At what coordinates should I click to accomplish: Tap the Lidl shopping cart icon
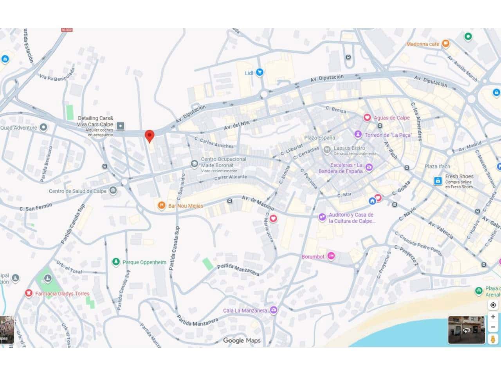[x=259, y=72]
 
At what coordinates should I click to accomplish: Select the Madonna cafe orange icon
[x=445, y=44]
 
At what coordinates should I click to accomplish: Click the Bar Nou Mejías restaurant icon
[x=161, y=205]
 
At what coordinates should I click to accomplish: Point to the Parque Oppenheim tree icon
[x=116, y=262]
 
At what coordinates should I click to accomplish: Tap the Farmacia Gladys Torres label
[x=62, y=293]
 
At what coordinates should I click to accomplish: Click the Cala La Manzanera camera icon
[x=274, y=310]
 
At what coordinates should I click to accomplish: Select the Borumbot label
[x=313, y=257]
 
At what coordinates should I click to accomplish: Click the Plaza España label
[x=320, y=137]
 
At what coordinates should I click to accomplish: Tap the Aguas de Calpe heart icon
[x=367, y=117]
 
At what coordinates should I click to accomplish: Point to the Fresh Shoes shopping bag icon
[x=438, y=181]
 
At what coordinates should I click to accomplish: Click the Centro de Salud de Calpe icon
[x=113, y=191]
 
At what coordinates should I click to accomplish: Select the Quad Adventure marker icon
[x=43, y=127]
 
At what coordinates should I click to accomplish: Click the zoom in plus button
[x=493, y=316]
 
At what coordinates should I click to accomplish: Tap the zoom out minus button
[x=493, y=327]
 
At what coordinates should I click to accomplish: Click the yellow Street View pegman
[x=493, y=339]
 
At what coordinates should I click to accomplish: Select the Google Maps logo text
[x=241, y=340]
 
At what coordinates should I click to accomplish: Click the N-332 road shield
[x=67, y=30]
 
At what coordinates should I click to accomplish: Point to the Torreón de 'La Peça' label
[x=388, y=135]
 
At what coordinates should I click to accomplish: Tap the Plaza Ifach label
[x=437, y=166]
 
